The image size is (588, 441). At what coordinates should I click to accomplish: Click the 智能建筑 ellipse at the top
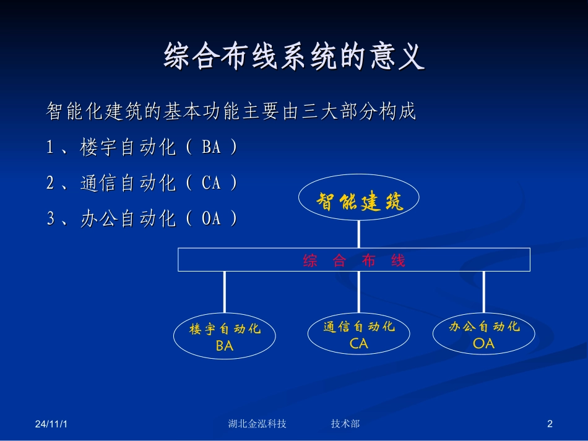pos(359,199)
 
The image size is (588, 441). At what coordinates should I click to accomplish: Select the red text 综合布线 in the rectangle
pos(354,260)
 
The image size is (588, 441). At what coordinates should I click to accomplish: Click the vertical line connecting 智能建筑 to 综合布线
pos(359,234)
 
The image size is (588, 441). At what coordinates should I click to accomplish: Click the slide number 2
pos(550,424)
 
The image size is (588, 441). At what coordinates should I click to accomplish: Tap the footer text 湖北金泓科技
pos(257,424)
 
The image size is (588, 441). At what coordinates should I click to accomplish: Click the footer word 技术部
pos(345,424)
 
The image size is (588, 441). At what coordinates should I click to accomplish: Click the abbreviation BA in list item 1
pos(211,148)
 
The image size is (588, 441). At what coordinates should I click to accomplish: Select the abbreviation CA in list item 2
pos(211,183)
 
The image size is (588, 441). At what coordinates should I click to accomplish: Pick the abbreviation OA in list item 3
pos(211,218)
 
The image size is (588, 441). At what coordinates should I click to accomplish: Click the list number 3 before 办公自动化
pos(52,218)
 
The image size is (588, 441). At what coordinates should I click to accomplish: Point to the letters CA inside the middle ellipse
pos(359,343)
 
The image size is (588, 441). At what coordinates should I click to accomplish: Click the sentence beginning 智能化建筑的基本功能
pos(231,112)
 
